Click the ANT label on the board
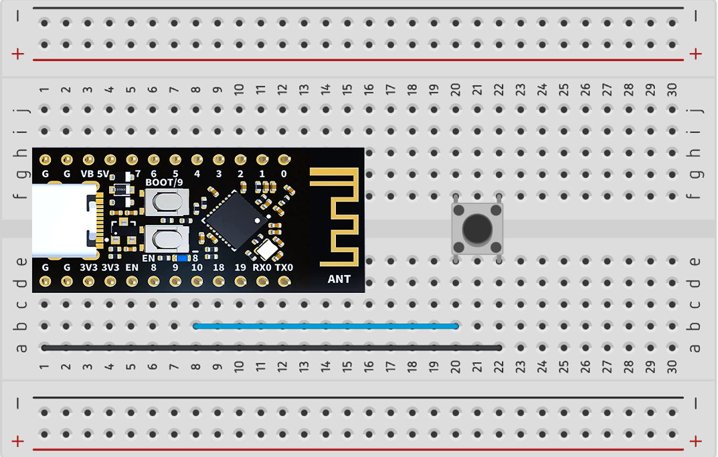[339, 279]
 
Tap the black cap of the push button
[477, 229]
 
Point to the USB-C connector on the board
[64, 221]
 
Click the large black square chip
[234, 219]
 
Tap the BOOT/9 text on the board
[164, 182]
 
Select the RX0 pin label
[262, 268]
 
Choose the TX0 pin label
[284, 268]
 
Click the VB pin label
[87, 174]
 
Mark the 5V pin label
[102, 174]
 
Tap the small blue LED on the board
[181, 258]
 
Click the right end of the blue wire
[455, 326]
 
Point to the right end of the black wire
[498, 348]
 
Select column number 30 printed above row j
[672, 90]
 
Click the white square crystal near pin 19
[268, 249]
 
